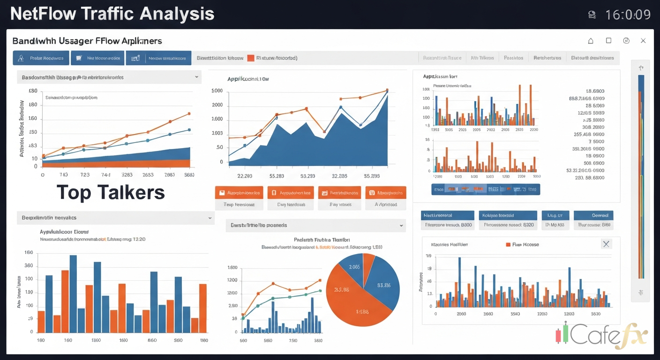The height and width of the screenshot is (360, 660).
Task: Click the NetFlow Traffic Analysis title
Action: point(112,14)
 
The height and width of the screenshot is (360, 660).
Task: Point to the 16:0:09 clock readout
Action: point(628,15)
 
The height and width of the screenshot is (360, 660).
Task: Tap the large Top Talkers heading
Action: point(111,193)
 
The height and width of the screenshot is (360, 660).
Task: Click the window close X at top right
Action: point(643,41)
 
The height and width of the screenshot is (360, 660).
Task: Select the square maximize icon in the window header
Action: point(608,41)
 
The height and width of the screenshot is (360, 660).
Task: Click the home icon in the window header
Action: point(591,41)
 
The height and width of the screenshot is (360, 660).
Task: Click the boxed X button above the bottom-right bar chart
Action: point(606,244)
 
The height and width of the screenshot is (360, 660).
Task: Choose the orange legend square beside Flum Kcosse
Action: point(508,244)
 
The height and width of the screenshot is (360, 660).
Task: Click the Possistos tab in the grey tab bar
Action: point(513,58)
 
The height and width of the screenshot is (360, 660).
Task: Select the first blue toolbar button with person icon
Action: point(41,58)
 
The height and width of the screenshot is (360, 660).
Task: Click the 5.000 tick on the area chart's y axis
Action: point(217,90)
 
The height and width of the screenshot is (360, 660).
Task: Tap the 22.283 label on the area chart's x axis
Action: point(244,176)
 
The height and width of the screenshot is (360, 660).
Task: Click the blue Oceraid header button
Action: point(593,215)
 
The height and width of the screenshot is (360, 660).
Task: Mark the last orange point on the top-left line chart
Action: point(189,113)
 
